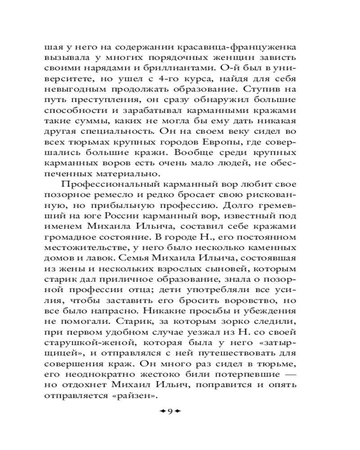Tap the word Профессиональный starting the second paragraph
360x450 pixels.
pos(108,184)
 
